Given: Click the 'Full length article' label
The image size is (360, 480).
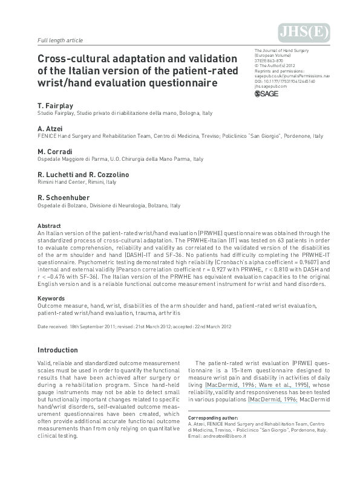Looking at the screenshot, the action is (60, 41).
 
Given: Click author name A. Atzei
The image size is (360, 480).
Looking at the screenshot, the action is (50, 129).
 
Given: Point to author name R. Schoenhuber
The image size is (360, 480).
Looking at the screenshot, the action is (64, 198).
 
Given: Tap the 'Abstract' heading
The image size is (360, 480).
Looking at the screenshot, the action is (48, 225).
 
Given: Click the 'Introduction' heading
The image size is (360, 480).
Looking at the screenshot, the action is (62, 350).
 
